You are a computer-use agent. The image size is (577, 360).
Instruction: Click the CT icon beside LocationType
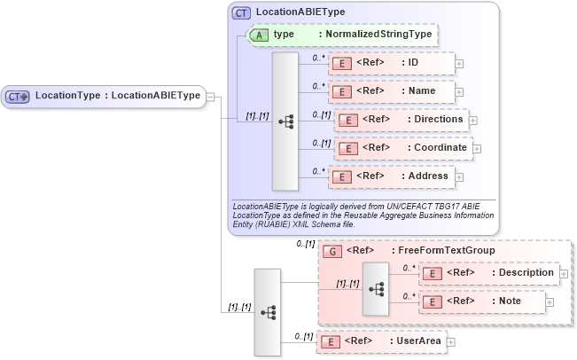point(18,96)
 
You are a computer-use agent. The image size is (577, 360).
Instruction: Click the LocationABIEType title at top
point(300,12)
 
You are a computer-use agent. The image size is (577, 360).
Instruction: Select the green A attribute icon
point(259,35)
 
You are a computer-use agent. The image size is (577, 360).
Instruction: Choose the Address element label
point(427,176)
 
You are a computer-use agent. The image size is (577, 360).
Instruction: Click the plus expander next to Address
point(459,176)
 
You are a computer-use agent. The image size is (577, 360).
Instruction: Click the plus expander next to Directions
point(472,120)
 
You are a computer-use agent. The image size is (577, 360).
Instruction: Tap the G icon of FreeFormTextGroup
point(330,251)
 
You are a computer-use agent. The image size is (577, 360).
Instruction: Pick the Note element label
point(508,301)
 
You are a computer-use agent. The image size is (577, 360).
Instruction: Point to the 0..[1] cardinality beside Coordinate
point(321,142)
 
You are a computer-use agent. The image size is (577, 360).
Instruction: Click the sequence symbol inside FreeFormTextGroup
point(376,288)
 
